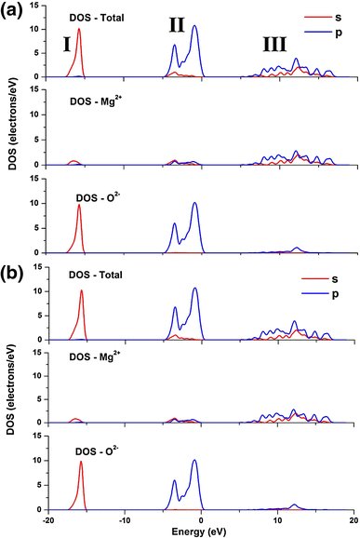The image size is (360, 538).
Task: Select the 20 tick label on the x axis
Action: tap(353, 519)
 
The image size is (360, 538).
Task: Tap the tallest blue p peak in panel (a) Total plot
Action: tap(195, 26)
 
